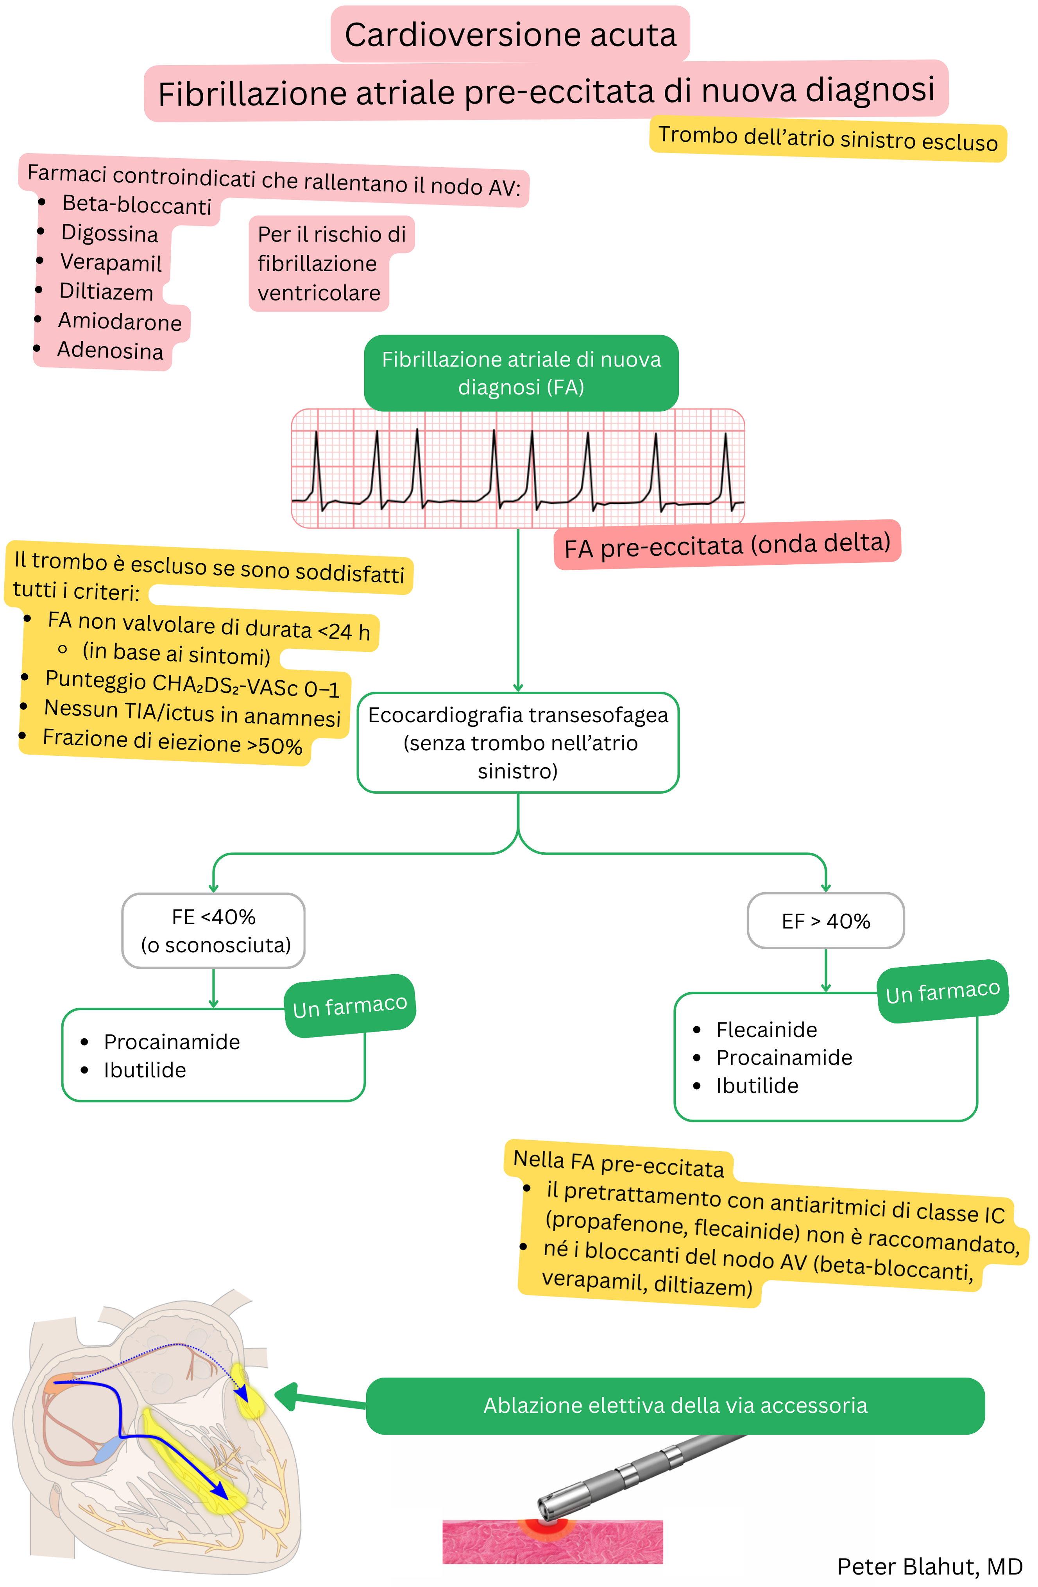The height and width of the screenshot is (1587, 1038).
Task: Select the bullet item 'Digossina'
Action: pos(109,233)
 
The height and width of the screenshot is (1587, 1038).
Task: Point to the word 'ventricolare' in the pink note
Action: pos(319,293)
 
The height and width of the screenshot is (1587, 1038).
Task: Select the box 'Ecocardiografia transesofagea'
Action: pos(518,742)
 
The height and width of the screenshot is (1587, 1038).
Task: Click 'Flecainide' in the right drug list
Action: pos(767,1030)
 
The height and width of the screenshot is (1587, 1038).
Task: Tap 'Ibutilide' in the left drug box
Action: pos(145,1070)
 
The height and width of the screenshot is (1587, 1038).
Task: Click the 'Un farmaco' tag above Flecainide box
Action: pos(943,991)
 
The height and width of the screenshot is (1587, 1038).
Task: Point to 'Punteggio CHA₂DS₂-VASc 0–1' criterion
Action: pos(192,684)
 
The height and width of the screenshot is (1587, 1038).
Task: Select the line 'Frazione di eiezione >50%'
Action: pos(172,741)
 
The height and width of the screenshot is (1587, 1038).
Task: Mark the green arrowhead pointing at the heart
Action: pos(287,1395)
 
